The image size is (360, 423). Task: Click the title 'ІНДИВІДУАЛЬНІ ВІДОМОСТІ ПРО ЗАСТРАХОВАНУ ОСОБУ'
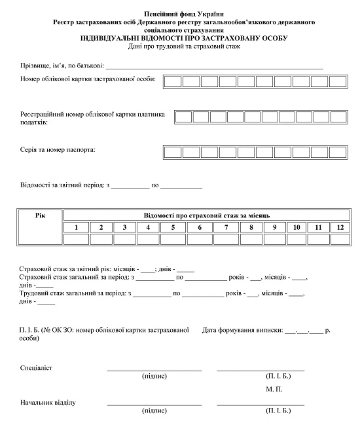click(182, 39)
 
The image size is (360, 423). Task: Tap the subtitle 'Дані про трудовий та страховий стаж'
click(182, 46)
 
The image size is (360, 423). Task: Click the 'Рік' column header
click(41, 215)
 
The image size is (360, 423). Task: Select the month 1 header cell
click(77, 227)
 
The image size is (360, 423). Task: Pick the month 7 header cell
click(225, 227)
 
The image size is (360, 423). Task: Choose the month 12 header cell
click(339, 227)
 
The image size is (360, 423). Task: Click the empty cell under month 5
click(173, 239)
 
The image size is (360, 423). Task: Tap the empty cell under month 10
click(297, 239)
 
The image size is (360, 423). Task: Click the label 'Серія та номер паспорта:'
click(58, 151)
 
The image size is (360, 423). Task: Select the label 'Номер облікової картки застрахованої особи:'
click(88, 79)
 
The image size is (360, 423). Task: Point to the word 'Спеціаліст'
click(37, 367)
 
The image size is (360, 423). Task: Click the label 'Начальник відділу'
click(48, 402)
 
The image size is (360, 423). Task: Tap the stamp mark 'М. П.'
click(274, 389)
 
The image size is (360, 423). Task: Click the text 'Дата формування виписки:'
click(242, 330)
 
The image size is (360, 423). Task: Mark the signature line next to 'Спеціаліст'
click(154, 370)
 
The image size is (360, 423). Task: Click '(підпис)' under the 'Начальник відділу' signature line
click(154, 411)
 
